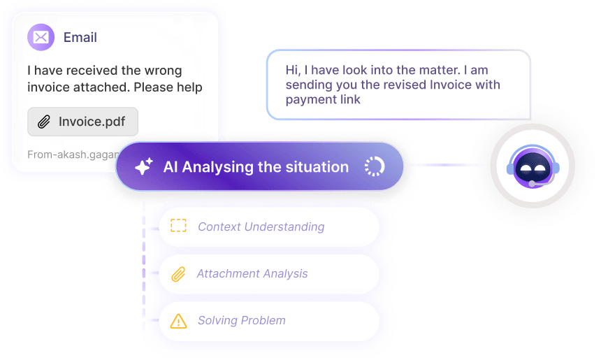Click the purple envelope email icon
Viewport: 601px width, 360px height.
(x=41, y=37)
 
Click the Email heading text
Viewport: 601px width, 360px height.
(x=80, y=37)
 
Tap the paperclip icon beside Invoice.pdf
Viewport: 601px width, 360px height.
(x=44, y=122)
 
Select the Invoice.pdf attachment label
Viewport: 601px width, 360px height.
(x=92, y=122)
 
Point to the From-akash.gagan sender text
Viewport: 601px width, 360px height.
(x=70, y=154)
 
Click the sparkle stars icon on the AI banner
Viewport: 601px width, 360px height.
(x=144, y=166)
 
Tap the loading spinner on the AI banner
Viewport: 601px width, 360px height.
(x=375, y=166)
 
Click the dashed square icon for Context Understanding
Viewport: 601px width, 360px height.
(x=179, y=226)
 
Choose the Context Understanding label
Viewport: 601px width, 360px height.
(x=261, y=226)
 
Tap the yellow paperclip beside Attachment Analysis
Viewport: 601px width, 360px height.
(x=178, y=273)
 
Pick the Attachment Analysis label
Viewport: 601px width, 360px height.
(x=252, y=273)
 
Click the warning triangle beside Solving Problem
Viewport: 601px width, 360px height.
(x=179, y=321)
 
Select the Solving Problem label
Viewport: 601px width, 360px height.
(x=241, y=320)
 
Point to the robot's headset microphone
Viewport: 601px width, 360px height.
(x=533, y=183)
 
